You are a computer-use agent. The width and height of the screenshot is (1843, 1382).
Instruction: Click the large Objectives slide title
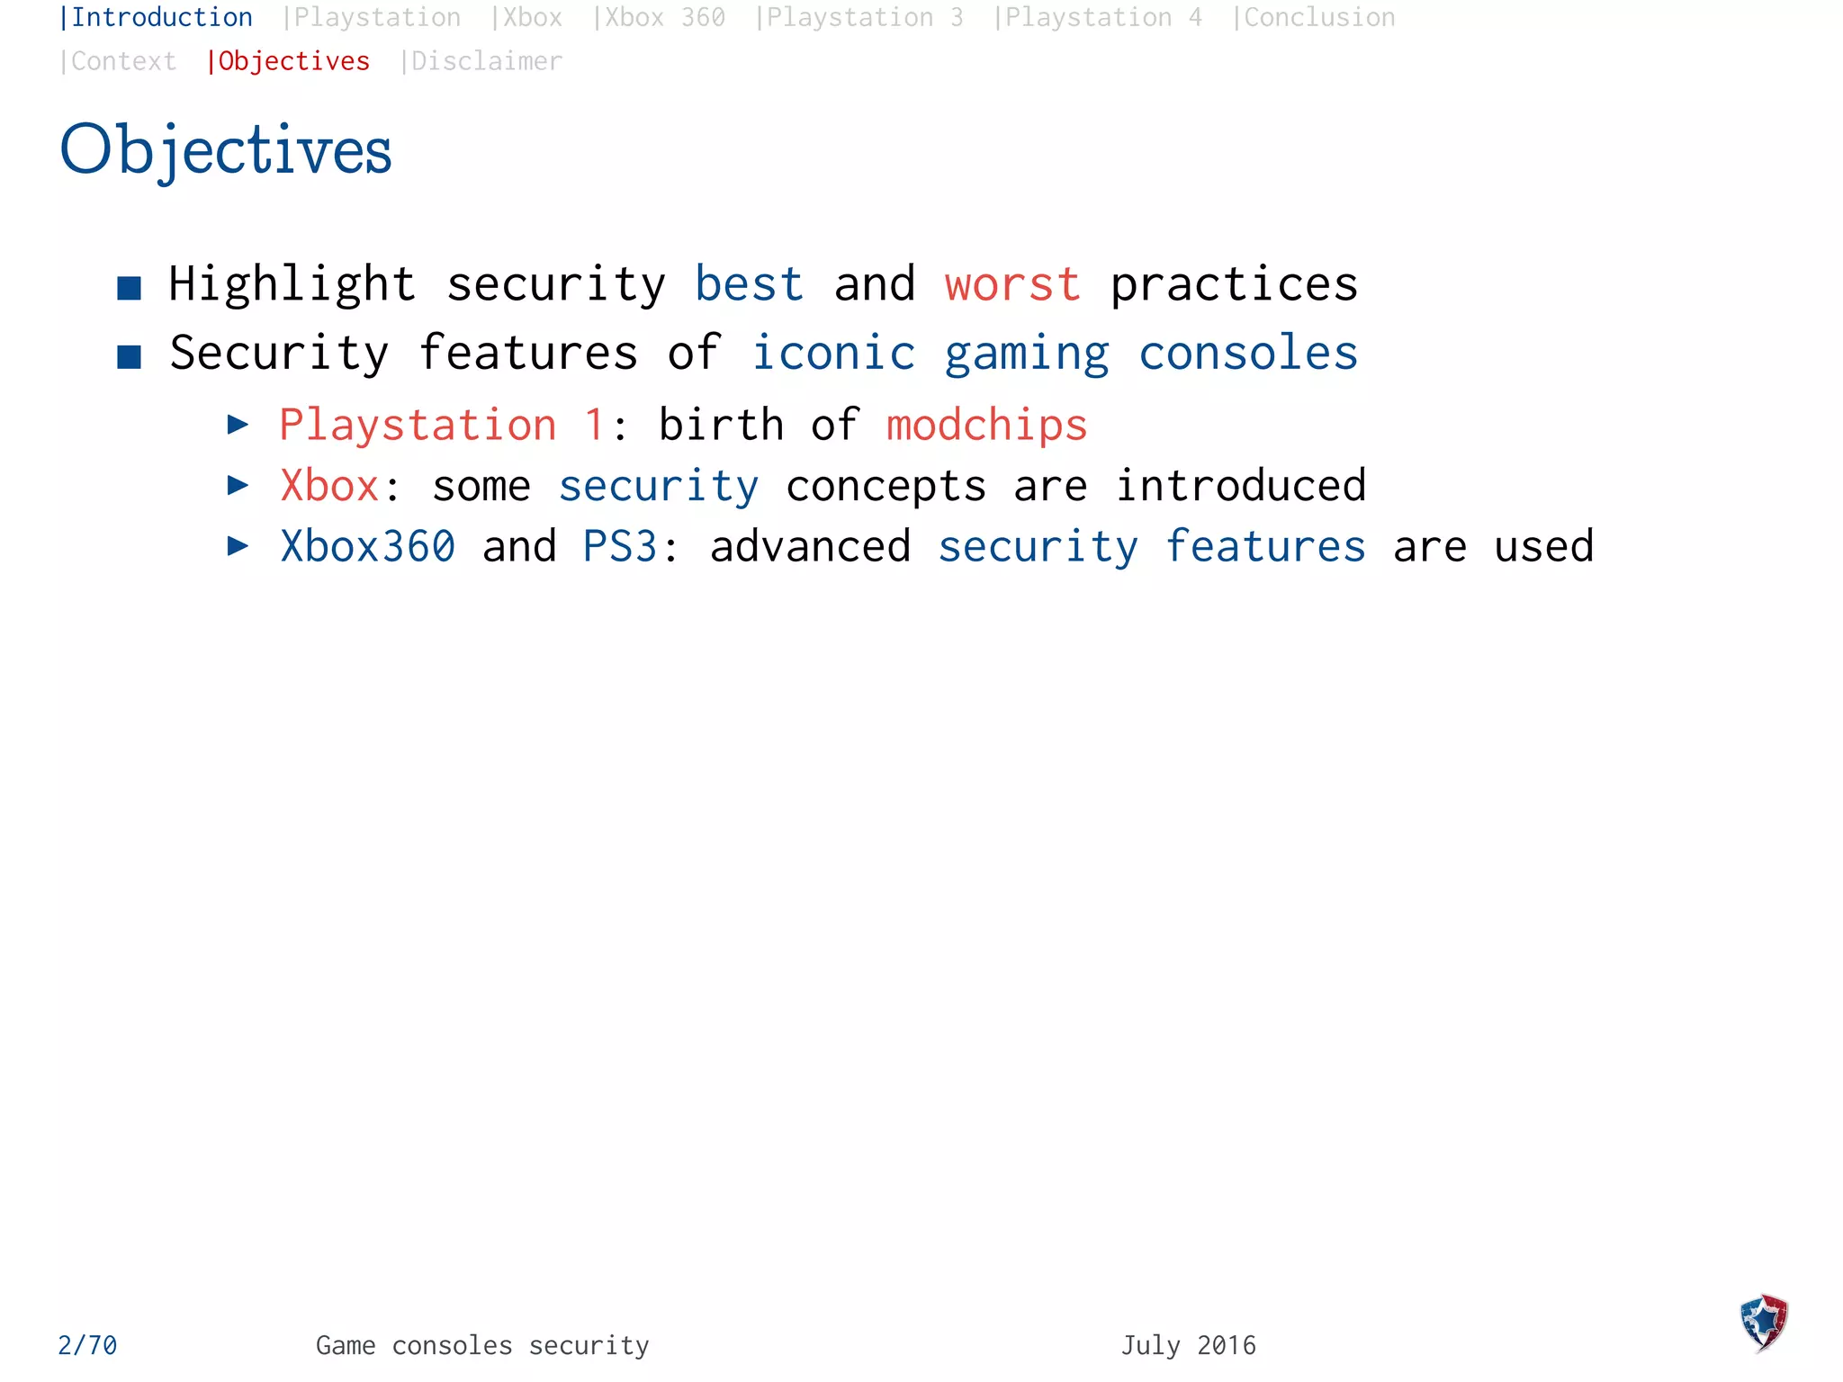click(226, 149)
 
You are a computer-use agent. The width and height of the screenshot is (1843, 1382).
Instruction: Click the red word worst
click(1012, 284)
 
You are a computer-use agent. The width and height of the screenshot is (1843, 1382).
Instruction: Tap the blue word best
click(749, 284)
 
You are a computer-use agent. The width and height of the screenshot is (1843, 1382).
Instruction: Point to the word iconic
click(833, 353)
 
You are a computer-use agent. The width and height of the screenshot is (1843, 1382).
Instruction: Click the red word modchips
click(986, 425)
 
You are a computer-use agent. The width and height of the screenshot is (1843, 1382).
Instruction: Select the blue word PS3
click(620, 546)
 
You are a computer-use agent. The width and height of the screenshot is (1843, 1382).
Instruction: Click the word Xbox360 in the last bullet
click(368, 546)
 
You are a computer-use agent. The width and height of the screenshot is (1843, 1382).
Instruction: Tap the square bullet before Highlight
click(130, 288)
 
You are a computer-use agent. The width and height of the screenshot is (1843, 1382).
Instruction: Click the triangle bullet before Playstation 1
click(238, 424)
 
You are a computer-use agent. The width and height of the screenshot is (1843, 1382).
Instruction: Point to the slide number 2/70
click(87, 1345)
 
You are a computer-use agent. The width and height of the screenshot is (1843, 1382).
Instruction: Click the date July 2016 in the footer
click(1188, 1345)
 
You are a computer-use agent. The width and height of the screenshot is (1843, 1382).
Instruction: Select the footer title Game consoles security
click(482, 1345)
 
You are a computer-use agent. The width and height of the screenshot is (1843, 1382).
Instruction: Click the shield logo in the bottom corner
click(1764, 1323)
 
